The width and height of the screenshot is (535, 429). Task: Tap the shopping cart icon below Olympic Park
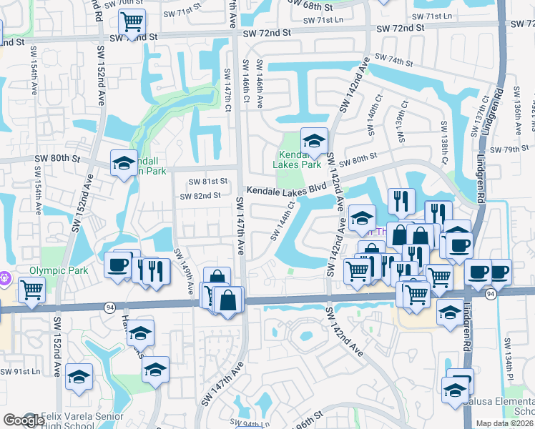(x=31, y=290)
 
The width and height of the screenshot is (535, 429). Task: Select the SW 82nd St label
(x=200, y=196)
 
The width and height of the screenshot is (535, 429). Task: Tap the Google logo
(x=23, y=420)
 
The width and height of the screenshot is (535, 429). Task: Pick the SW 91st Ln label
(x=20, y=372)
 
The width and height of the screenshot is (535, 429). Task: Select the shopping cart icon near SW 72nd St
(x=132, y=22)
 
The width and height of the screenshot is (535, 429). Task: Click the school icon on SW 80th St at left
(x=124, y=164)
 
